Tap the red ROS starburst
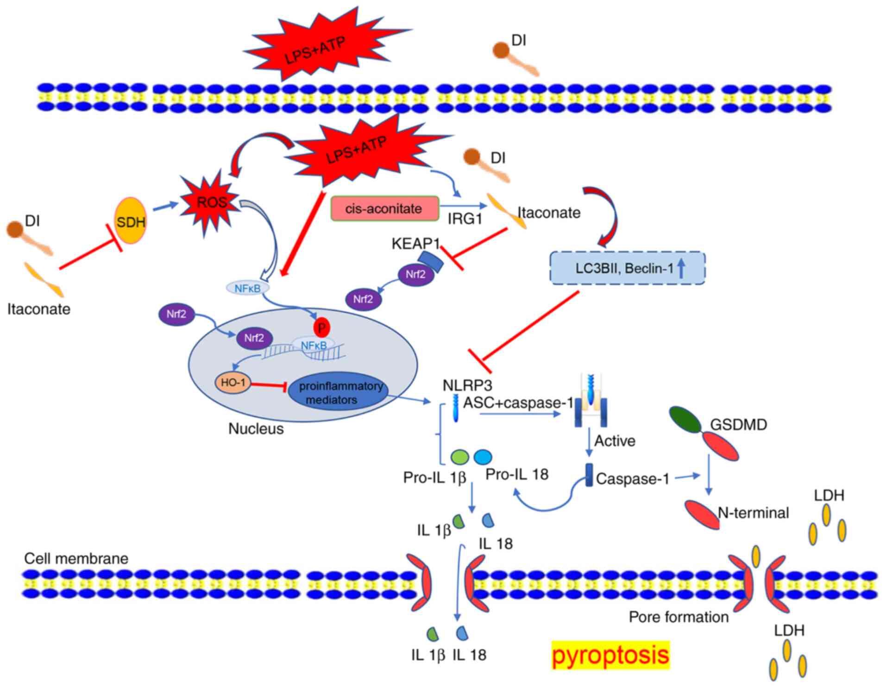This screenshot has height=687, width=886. point(212,202)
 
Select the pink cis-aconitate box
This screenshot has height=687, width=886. point(384,208)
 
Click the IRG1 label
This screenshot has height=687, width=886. point(465,219)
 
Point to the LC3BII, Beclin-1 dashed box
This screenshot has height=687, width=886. point(627,268)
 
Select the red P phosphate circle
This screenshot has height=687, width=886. point(321,328)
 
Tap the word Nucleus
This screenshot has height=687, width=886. point(256,429)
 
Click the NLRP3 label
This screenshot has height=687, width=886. point(467,385)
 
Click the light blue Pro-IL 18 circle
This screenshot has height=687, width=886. point(483,457)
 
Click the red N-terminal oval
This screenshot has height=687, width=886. point(703,514)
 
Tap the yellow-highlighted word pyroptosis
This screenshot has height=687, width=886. point(610,655)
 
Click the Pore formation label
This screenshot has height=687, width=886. point(679,617)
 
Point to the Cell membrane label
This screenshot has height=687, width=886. point(76,558)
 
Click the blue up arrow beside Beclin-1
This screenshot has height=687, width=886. point(681,268)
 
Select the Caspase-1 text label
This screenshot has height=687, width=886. point(633,479)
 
